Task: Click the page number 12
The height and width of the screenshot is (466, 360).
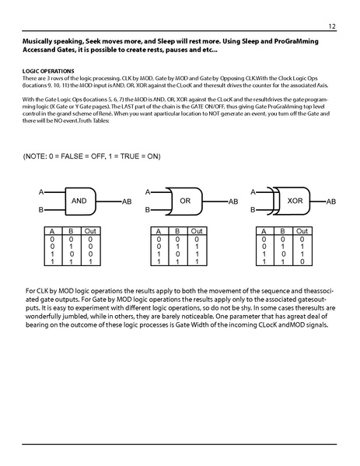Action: click(332, 26)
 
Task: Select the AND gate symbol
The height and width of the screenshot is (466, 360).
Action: click(79, 201)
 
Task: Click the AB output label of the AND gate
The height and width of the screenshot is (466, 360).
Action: click(128, 201)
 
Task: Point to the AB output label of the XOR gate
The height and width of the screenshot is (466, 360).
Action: click(330, 201)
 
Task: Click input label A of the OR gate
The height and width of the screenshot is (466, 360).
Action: click(148, 191)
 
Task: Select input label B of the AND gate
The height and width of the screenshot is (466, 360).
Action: click(41, 210)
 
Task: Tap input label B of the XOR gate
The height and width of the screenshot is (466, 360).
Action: click(252, 210)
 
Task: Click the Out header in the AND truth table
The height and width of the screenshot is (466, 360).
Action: click(90, 231)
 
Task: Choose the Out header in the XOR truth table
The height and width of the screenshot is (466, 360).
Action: click(301, 231)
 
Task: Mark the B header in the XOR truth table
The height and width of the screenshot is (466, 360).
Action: click(282, 231)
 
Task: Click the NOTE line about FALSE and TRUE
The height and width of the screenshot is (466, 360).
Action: click(92, 156)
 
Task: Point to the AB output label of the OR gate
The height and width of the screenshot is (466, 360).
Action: click(232, 201)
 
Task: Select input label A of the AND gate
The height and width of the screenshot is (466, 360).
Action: click(41, 191)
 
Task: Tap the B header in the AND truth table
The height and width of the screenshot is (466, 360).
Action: click(72, 231)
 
